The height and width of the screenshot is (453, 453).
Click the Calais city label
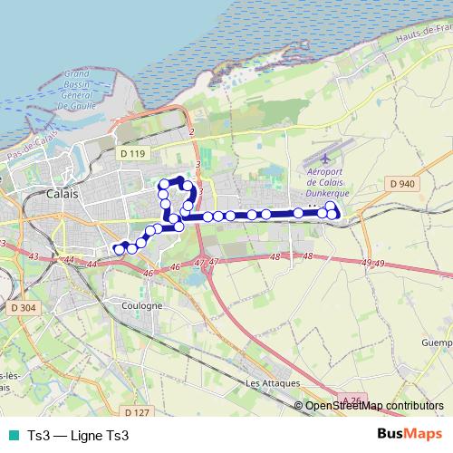point(62,194)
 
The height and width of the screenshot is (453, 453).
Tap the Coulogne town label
point(143,305)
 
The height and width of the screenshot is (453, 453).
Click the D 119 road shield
point(131,154)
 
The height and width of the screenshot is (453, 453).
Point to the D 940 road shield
point(402,184)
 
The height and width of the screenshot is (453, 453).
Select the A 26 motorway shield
point(354,399)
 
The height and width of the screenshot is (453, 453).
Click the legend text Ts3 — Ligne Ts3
point(79,436)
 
